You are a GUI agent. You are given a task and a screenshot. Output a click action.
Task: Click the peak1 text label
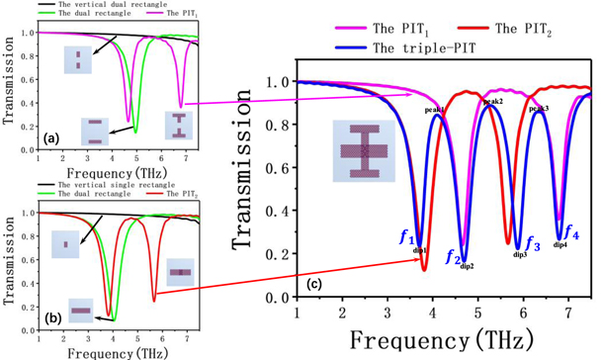point(434,110)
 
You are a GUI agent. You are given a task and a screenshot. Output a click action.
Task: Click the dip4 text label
point(559,244)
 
